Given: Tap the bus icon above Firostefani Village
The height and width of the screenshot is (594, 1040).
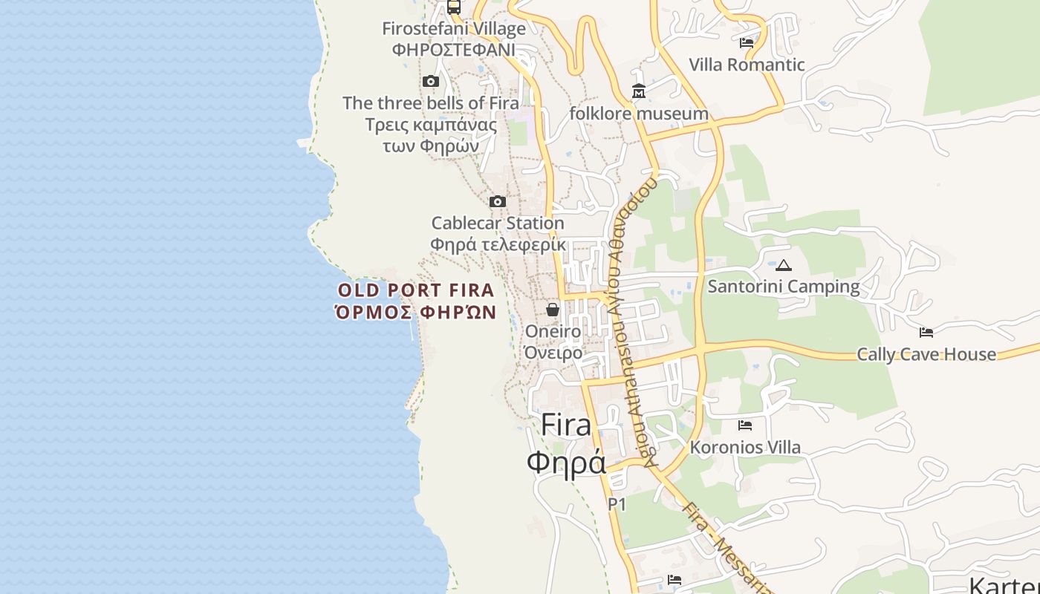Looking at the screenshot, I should tap(453, 7).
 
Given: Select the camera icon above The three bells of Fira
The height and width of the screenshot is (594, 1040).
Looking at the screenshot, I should tap(430, 82).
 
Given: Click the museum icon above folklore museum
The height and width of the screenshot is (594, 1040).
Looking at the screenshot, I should tap(638, 91).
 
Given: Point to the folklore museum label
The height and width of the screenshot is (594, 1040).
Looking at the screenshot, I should tap(638, 114).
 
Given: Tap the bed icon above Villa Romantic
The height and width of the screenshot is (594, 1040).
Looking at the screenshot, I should tap(747, 43).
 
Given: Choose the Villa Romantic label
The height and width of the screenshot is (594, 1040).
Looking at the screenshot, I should tap(747, 65).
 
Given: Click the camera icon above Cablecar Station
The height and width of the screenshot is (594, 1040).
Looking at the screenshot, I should tap(498, 201).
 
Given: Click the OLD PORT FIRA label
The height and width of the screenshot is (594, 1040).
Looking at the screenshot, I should tap(416, 290).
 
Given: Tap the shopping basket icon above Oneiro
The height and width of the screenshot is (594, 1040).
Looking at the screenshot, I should tap(553, 310).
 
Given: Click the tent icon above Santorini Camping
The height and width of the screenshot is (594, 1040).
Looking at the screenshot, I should tap(783, 265).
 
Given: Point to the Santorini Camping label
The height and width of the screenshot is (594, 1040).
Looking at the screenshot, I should tap(783, 287).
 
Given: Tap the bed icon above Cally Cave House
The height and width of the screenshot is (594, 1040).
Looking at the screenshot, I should tap(926, 333).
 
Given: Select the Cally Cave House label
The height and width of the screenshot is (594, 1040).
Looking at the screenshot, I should tap(926, 354).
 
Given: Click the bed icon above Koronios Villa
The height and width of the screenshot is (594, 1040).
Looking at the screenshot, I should tap(745, 425).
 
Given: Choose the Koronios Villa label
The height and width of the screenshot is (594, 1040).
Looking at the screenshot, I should tap(745, 447).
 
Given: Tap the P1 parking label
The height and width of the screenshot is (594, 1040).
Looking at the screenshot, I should tap(617, 505).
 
